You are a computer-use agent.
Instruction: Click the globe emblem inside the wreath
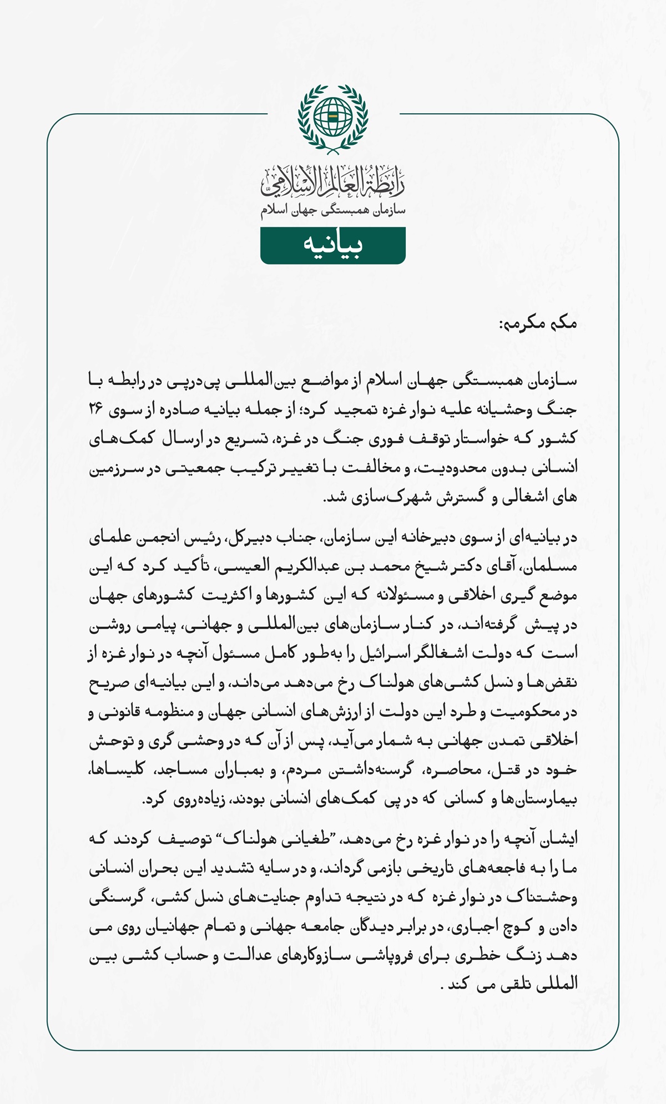(333, 117)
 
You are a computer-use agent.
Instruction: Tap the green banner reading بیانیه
(333, 245)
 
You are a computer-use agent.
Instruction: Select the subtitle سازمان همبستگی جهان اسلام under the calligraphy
(333, 211)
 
